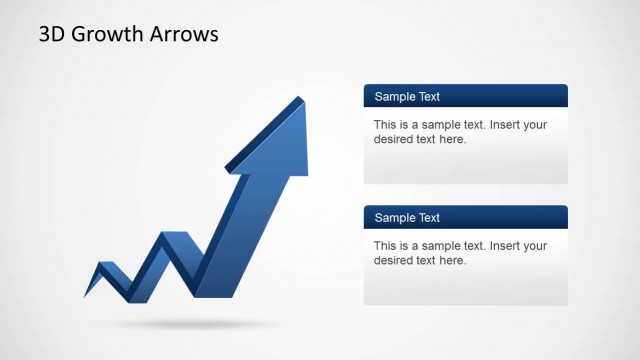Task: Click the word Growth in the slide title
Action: point(109,34)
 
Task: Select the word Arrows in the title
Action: point(183,34)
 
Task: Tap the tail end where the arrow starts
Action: point(86,295)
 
